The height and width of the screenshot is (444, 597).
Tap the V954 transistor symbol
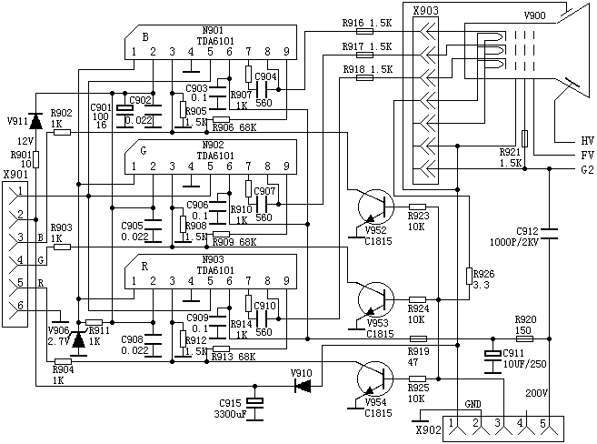point(373,377)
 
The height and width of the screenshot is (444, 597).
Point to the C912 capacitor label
point(528,231)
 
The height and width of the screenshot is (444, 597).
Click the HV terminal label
point(587,140)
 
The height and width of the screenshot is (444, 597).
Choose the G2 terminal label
point(587,168)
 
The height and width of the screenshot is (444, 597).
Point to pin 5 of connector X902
point(544,425)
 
